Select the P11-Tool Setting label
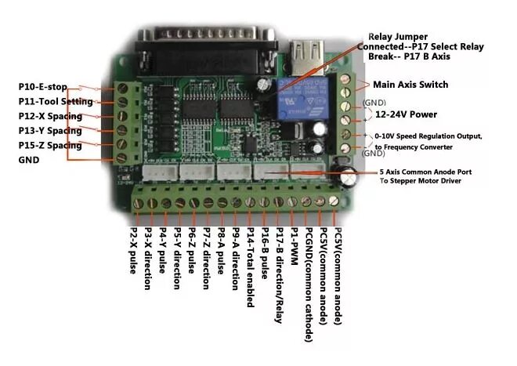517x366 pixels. tap(56, 101)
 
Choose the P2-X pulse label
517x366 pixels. tap(132, 252)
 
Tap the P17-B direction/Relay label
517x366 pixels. tap(280, 275)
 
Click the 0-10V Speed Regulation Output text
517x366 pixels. tap(439, 136)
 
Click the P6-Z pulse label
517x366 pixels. tap(191, 249)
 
